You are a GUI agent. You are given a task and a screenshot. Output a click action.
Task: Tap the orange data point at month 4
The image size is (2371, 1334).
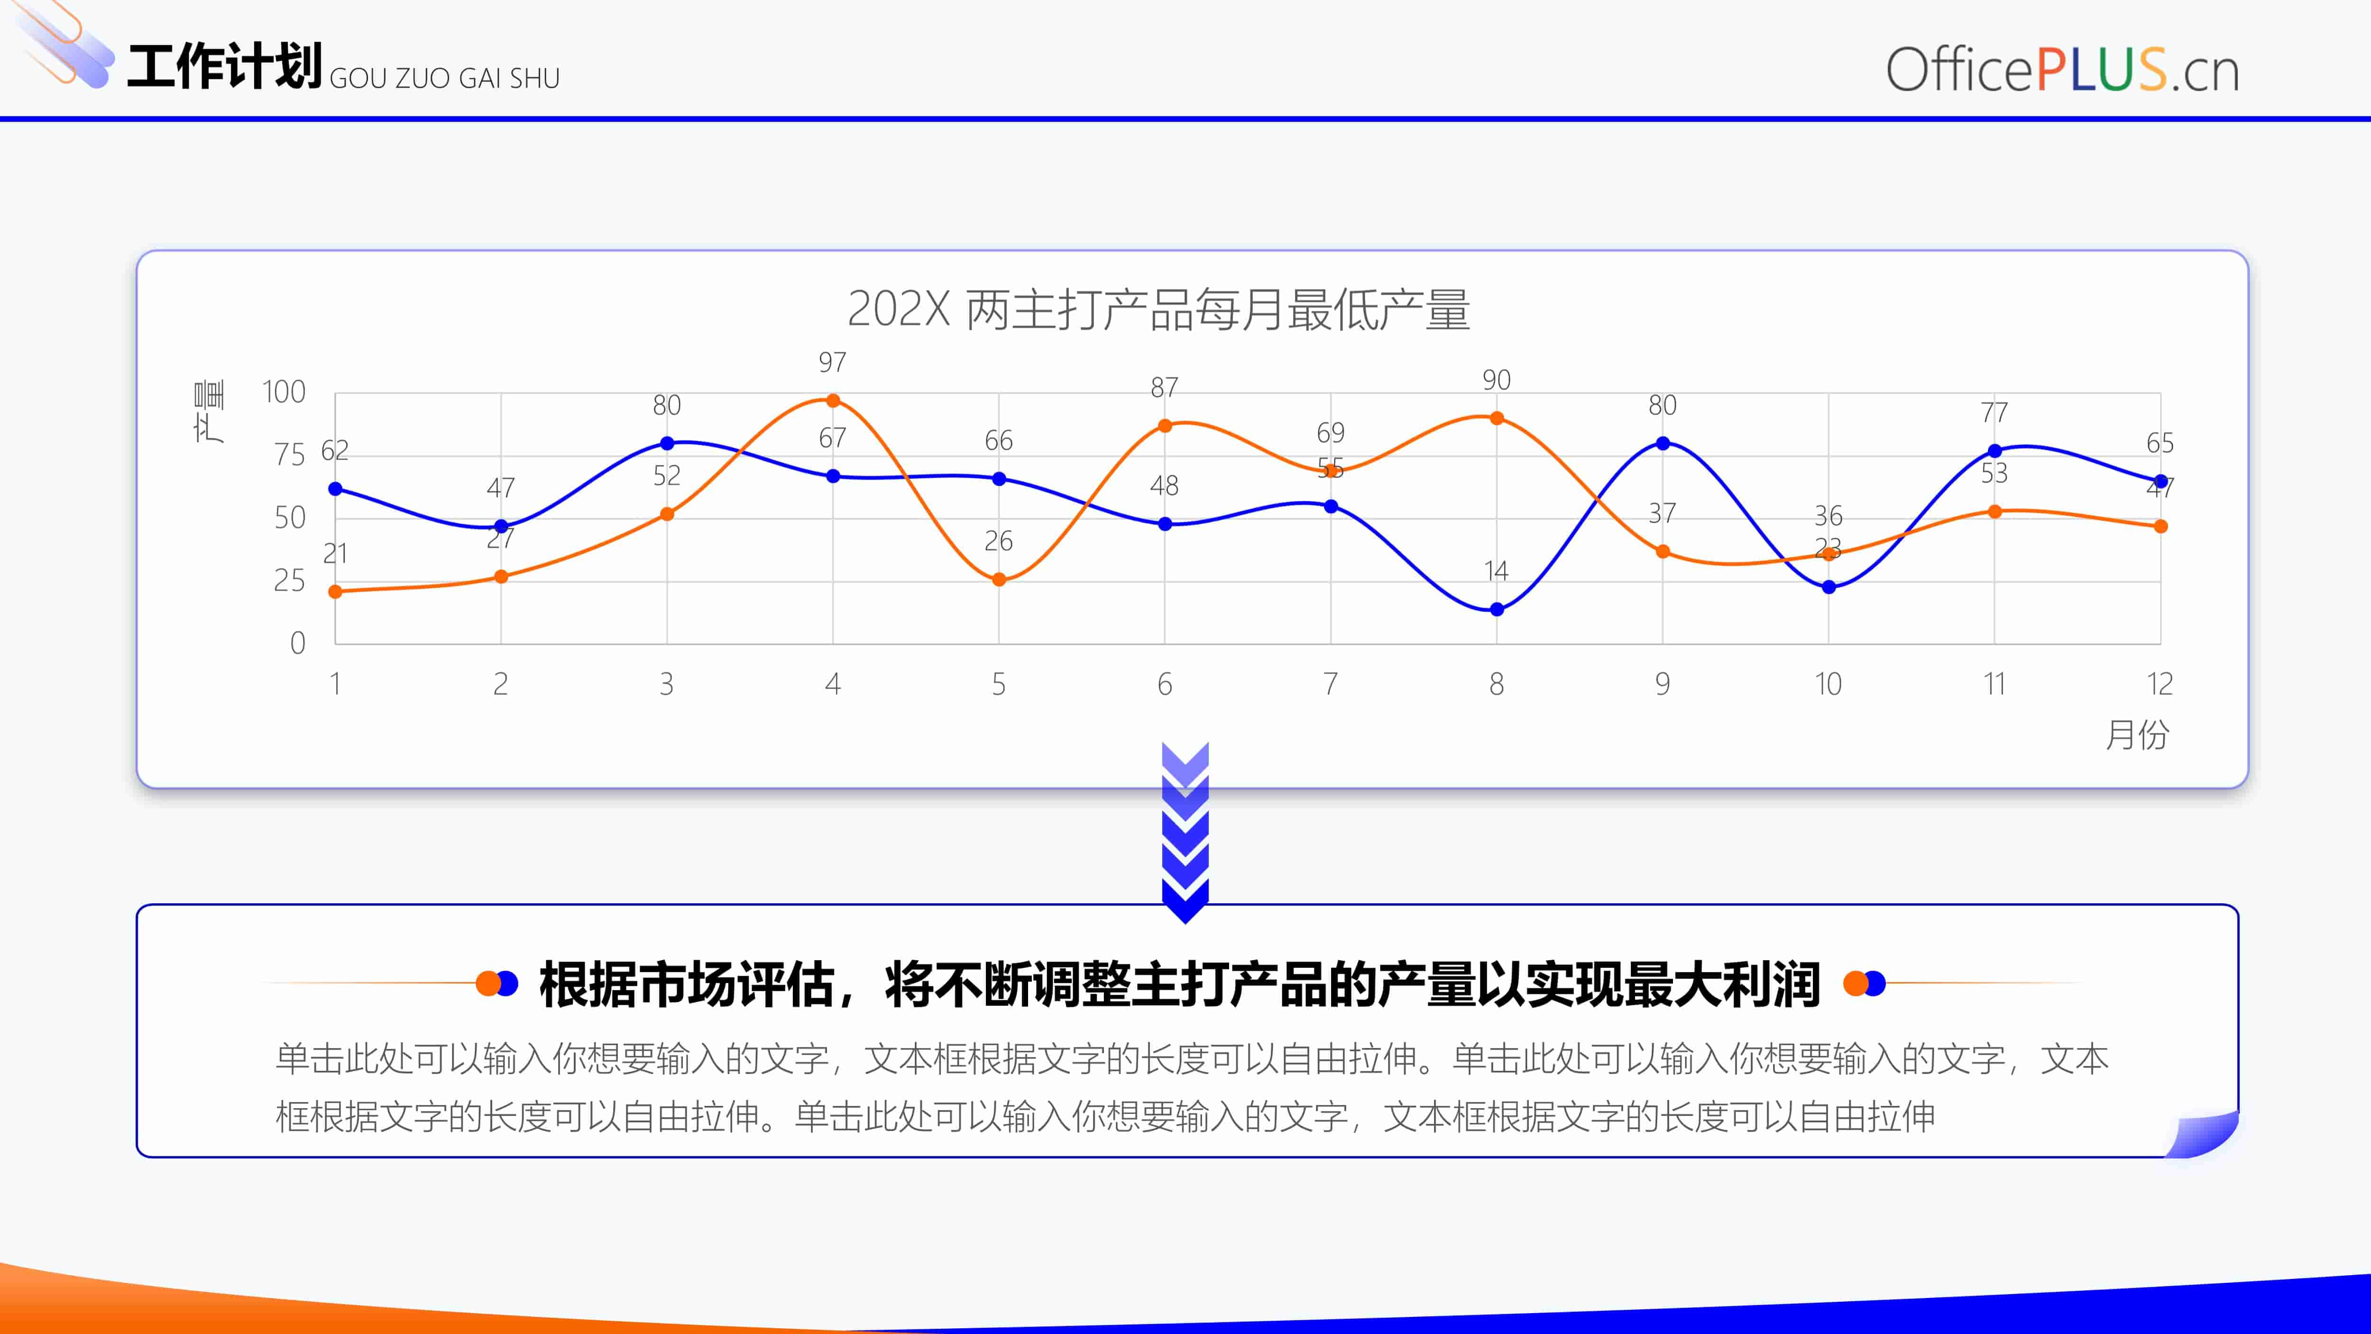(x=833, y=400)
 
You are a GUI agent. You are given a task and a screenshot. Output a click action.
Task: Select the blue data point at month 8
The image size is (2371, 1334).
(x=1497, y=610)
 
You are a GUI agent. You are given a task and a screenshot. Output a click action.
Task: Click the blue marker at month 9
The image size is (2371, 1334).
(x=1662, y=443)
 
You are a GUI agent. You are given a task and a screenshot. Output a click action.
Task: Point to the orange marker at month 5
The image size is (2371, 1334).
(x=999, y=580)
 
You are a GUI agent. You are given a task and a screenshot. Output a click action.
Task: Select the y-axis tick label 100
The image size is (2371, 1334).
(x=284, y=392)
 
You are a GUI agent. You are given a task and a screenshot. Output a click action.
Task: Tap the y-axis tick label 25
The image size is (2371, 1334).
(x=289, y=581)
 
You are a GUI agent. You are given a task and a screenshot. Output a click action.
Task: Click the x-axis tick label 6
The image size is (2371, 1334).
(x=1164, y=684)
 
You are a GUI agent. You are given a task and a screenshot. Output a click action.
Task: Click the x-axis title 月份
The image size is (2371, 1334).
(x=2137, y=735)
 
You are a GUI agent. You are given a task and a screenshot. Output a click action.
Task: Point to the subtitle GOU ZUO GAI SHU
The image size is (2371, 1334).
(x=445, y=78)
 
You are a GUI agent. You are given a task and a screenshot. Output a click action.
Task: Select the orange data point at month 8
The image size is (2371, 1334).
(x=1497, y=418)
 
